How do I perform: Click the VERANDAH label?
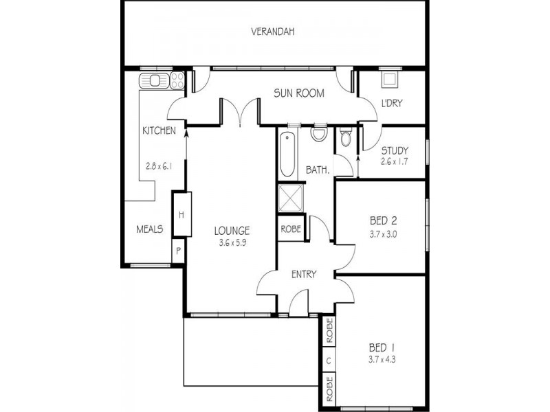coord(274,32)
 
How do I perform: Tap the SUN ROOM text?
coord(298,93)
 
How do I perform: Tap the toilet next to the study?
coord(345,141)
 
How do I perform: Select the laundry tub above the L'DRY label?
coord(389,79)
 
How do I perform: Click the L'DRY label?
coord(392,104)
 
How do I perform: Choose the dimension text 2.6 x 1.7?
coord(395,162)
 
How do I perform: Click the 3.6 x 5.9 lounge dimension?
coord(231,242)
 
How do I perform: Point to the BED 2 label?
coord(384,221)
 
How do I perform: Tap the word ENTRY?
coord(304,275)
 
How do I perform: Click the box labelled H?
coord(181,215)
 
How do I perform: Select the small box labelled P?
coord(178,251)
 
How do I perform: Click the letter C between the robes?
coord(329,360)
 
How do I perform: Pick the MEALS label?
coord(149,229)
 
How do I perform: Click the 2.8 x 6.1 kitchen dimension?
coord(159,165)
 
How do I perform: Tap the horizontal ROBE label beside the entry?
coord(290,229)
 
